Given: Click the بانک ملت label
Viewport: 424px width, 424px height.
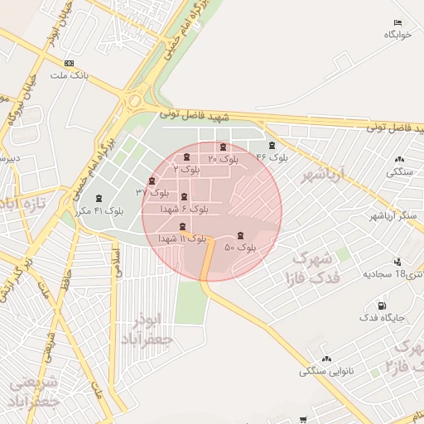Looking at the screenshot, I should (69, 75).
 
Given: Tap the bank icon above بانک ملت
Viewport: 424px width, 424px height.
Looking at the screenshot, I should (69, 63).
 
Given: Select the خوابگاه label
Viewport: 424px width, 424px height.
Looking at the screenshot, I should (397, 35).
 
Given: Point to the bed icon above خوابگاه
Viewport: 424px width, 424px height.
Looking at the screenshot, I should (397, 23).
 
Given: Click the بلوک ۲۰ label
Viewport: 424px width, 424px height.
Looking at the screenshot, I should (223, 158).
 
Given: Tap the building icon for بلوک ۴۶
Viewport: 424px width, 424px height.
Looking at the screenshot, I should (272, 146).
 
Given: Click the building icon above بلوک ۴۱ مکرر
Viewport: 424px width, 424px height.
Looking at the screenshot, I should (100, 199).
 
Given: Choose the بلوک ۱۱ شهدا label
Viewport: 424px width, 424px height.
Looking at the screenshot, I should (181, 238).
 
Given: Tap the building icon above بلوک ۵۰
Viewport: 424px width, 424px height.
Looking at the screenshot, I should (241, 236).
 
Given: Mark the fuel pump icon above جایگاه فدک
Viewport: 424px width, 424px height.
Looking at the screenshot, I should (381, 306).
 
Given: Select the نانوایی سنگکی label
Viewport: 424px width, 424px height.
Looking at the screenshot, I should (326, 371).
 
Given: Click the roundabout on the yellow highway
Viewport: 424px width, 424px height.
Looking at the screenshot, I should (133, 102).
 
